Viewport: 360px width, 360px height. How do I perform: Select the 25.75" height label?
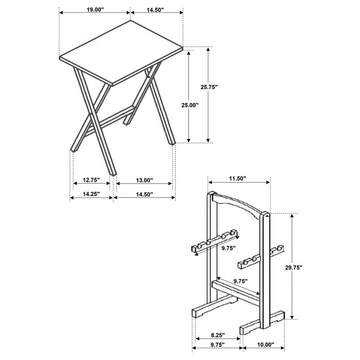(210, 87)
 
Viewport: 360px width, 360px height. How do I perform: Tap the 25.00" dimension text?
(190, 104)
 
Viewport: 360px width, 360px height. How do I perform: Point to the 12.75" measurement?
(91, 181)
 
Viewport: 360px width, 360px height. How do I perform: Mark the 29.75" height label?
(295, 267)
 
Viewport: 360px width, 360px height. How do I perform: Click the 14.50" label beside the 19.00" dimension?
(156, 10)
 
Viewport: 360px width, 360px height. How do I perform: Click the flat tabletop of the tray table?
(121, 54)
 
